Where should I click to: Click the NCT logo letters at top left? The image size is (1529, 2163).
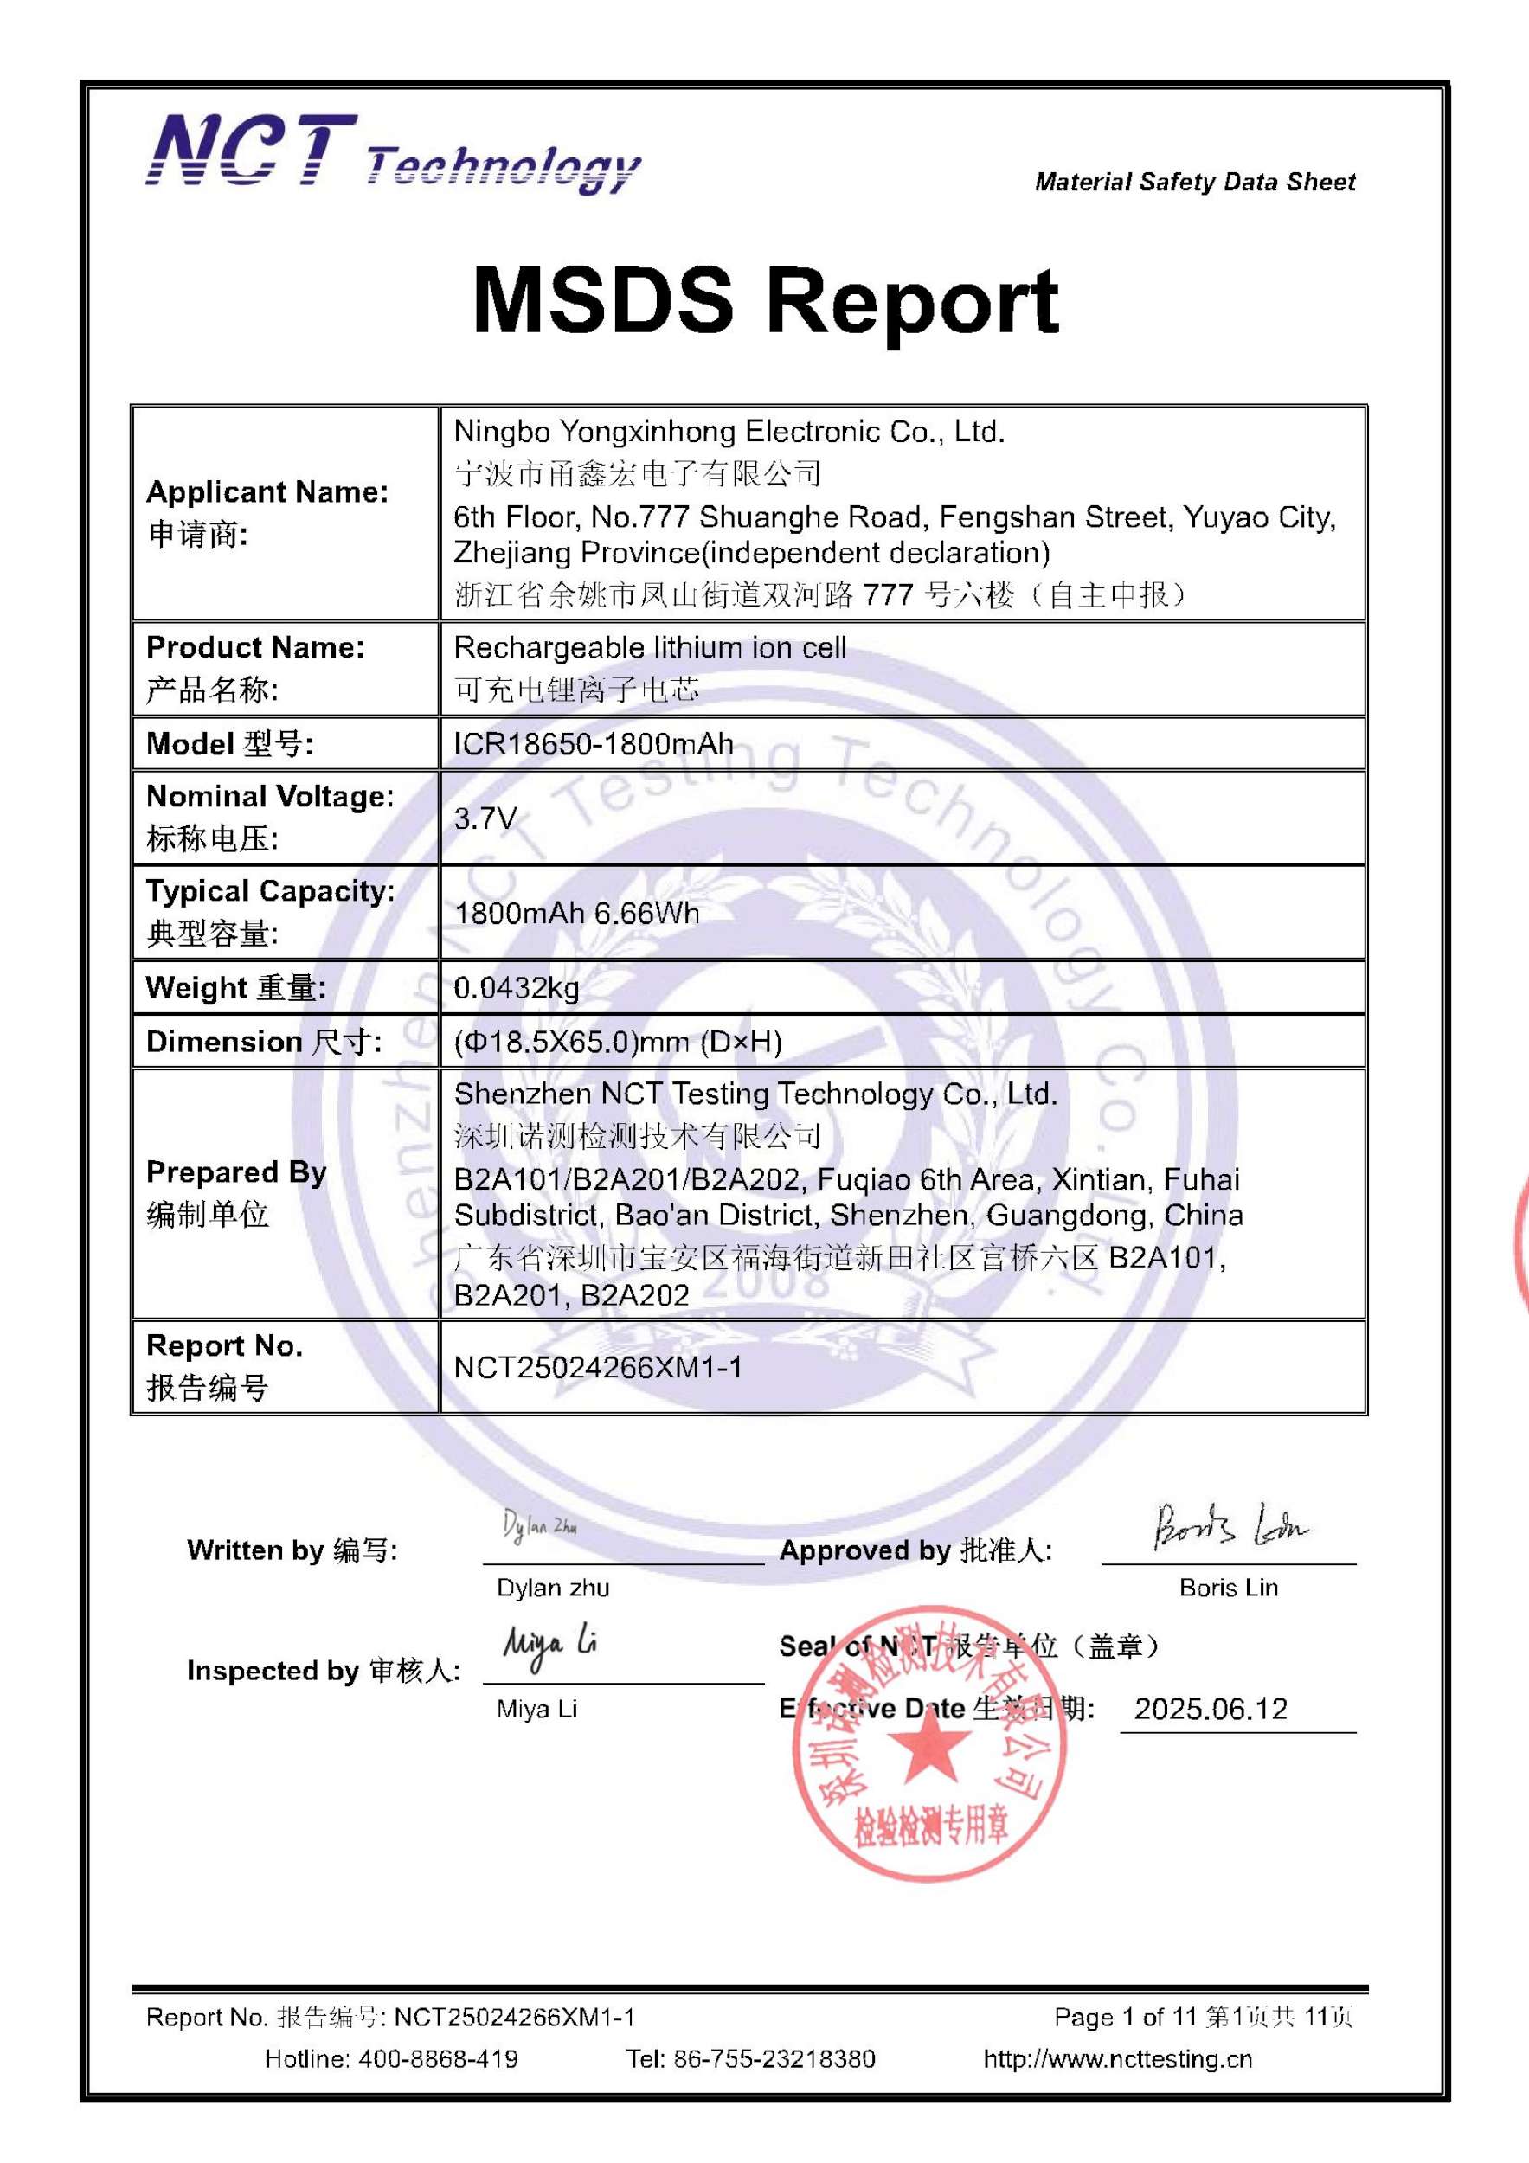tap(252, 151)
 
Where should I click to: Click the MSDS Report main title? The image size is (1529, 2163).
tap(765, 300)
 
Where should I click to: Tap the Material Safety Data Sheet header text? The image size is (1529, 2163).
tap(1195, 182)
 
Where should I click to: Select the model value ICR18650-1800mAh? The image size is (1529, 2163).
tap(594, 743)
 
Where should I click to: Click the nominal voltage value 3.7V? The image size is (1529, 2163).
tap(485, 818)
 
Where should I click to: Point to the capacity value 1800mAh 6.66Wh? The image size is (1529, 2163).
tap(576, 912)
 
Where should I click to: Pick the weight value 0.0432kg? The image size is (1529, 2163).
tap(517, 987)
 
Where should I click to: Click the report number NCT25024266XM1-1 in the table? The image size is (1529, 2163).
tap(598, 1367)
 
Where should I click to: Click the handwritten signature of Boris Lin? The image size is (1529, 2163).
tap(1230, 1527)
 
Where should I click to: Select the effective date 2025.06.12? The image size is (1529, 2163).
tap(1211, 1709)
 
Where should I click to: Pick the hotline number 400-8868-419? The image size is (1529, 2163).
tap(437, 2058)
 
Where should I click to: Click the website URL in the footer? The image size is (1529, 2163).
tap(1117, 2058)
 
